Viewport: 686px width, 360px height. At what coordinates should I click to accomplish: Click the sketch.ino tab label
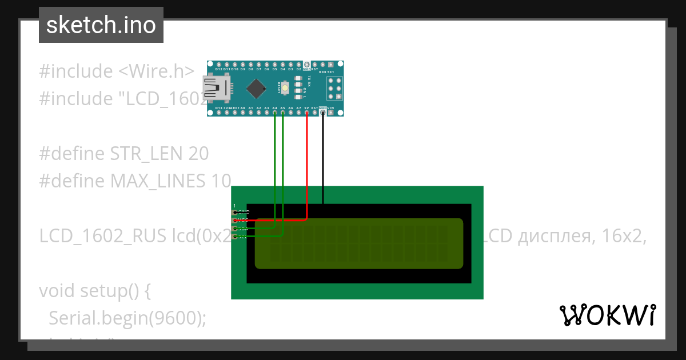pos(101,25)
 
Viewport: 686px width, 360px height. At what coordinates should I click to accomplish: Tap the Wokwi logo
pos(607,315)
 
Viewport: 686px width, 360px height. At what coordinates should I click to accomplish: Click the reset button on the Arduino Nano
pos(284,87)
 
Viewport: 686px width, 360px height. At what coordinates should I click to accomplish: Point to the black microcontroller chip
pos(257,88)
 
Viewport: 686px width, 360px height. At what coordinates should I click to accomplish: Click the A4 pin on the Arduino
pos(275,113)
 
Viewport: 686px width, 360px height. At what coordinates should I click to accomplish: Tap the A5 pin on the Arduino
pos(283,113)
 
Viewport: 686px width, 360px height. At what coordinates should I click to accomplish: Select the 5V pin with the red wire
pos(307,113)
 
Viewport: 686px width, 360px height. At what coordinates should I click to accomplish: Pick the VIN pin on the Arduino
pos(331,113)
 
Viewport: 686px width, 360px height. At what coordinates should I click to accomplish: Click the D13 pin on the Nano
pos(219,113)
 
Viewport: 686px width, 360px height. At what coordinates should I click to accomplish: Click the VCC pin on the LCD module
pos(235,220)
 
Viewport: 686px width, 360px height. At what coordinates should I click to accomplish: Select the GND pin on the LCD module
pos(235,212)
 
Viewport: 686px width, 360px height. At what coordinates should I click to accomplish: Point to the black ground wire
pos(323,160)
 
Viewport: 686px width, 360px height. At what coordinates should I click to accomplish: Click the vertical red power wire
pos(307,166)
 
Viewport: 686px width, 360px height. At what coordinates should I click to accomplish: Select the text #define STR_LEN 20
pos(123,154)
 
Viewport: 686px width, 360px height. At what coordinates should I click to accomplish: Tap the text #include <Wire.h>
pos(117,71)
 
